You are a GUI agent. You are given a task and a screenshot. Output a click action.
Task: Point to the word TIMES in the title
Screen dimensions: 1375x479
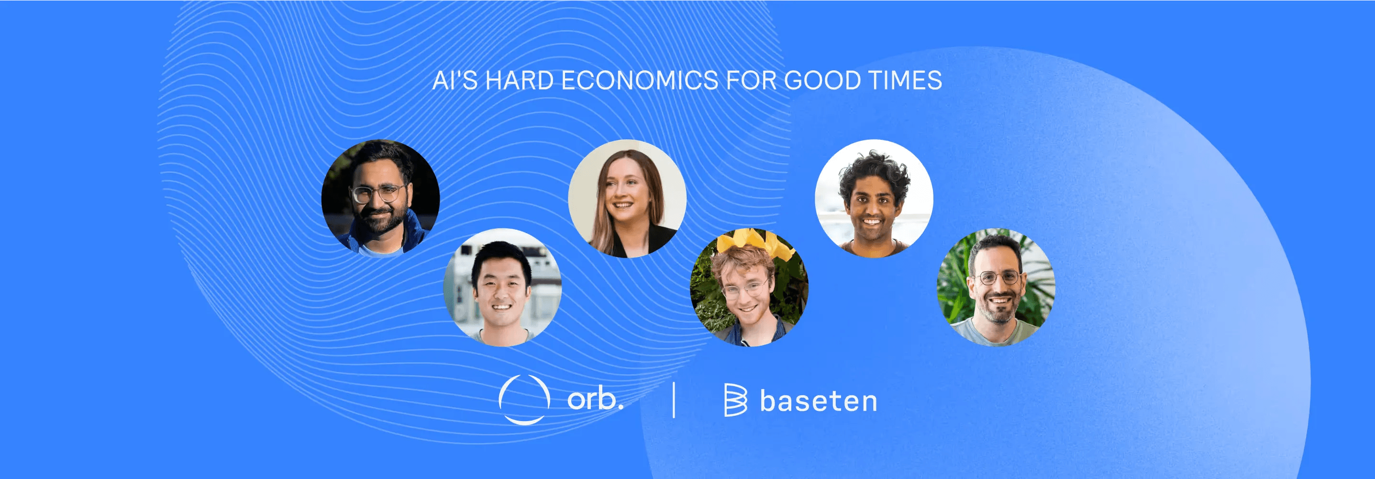(905, 81)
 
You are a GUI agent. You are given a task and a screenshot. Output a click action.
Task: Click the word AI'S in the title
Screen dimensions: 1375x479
(455, 81)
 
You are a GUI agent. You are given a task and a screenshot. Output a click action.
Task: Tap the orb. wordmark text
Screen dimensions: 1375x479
(595, 399)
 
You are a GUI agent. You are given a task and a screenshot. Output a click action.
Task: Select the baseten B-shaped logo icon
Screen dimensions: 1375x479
(735, 400)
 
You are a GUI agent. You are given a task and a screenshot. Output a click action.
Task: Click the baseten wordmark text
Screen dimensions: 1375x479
(818, 401)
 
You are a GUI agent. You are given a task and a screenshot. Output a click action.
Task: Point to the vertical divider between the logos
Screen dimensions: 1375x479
(674, 400)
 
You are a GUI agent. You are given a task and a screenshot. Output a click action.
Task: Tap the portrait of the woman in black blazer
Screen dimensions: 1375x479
(627, 199)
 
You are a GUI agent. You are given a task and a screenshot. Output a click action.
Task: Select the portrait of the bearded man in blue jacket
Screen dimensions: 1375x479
(380, 199)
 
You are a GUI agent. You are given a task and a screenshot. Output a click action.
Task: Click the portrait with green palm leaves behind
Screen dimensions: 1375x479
(996, 287)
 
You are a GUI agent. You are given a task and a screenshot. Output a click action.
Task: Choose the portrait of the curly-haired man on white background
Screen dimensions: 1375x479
(874, 199)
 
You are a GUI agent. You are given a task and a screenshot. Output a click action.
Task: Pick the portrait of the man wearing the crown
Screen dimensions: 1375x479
(749, 287)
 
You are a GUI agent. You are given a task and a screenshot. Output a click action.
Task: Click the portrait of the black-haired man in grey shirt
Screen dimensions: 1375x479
(502, 287)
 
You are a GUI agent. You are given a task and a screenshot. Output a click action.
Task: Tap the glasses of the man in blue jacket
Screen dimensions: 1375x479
(377, 193)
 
